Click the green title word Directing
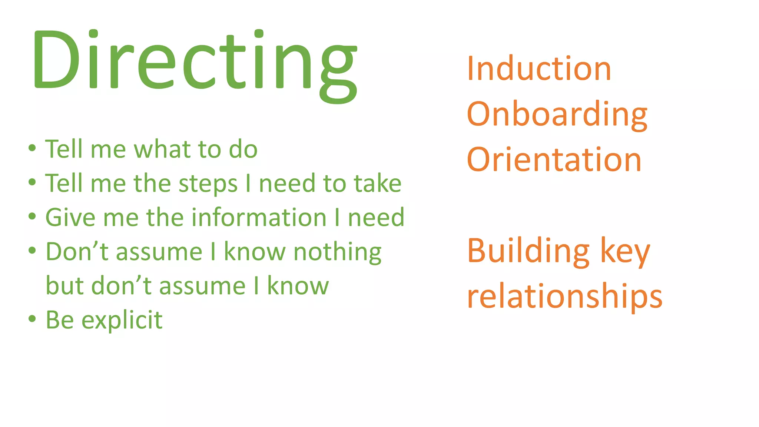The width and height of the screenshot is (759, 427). pyautogui.click(x=195, y=61)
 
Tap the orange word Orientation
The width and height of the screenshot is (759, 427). pyautogui.click(x=554, y=160)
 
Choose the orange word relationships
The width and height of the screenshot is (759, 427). pyautogui.click(x=564, y=297)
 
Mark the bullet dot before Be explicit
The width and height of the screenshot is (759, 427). pyautogui.click(x=32, y=319)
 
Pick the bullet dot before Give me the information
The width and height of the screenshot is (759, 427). pyautogui.click(x=32, y=216)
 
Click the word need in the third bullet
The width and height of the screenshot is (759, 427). pyautogui.click(x=376, y=218)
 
